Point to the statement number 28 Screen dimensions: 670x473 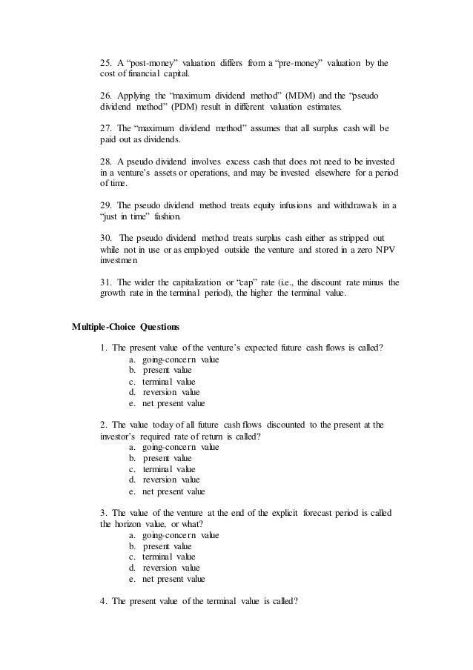(x=105, y=162)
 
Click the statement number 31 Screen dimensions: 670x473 (x=105, y=282)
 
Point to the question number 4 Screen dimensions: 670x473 (x=103, y=600)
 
